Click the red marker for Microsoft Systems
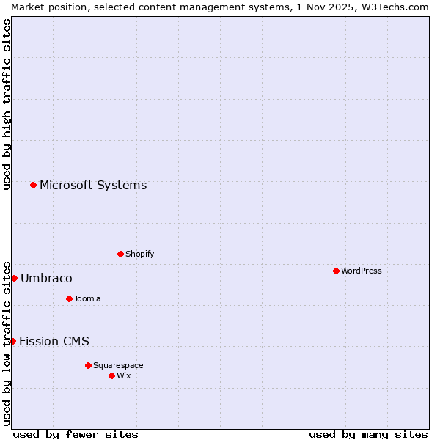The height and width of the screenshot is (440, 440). (x=33, y=185)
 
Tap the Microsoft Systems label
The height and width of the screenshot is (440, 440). (x=93, y=186)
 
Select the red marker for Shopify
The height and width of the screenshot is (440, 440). (x=120, y=254)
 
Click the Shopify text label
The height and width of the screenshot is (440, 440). (x=140, y=254)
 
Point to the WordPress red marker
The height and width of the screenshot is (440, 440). (x=336, y=271)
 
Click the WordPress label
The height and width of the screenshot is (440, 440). (x=362, y=271)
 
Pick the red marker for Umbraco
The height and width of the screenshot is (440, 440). (x=14, y=278)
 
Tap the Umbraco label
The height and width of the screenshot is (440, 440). (x=46, y=279)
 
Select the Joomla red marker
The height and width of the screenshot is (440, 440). (x=69, y=298)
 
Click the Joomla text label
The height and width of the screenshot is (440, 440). (x=87, y=299)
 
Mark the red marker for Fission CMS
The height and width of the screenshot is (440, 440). (x=12, y=341)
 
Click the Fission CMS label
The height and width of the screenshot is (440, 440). (x=54, y=342)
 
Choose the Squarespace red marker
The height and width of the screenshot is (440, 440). (x=88, y=365)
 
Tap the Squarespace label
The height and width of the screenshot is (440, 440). (x=118, y=366)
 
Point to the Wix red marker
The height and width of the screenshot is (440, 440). (x=111, y=375)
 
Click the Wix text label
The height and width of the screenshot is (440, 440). (x=124, y=376)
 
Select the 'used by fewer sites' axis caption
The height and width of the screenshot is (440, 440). (x=76, y=435)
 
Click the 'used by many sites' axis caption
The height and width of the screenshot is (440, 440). (x=368, y=435)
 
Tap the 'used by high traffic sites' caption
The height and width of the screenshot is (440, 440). (x=7, y=104)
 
